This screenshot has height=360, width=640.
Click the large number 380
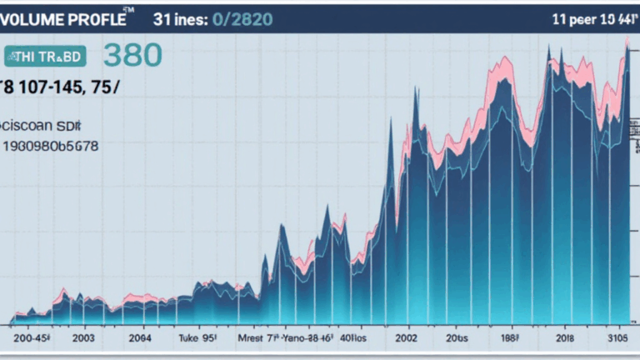point(133,55)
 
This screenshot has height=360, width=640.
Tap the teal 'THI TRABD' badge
point(45,56)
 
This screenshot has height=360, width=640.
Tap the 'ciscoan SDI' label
point(42,125)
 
